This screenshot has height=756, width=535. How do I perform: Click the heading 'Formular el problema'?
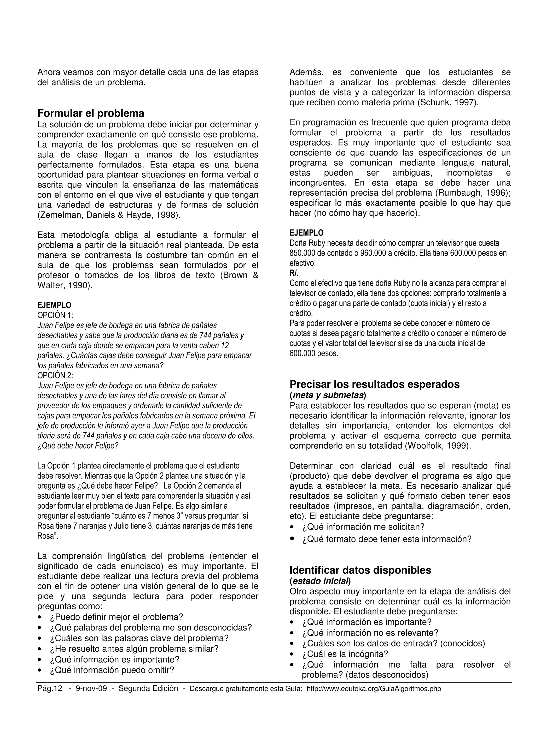point(91,113)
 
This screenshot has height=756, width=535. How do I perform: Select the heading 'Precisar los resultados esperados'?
point(374,384)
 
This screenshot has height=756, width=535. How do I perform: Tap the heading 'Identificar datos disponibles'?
point(360,570)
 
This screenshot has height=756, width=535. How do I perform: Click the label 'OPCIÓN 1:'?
point(55,315)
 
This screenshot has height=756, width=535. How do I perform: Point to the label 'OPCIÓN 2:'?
point(55,375)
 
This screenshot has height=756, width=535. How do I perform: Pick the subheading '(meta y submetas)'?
point(328,394)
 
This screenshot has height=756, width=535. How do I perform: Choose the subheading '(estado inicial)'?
point(320,580)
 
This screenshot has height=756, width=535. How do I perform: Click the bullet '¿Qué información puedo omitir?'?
point(112,670)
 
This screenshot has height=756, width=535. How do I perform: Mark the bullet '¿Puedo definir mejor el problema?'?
point(116,617)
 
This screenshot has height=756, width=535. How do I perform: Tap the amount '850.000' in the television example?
point(301,253)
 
